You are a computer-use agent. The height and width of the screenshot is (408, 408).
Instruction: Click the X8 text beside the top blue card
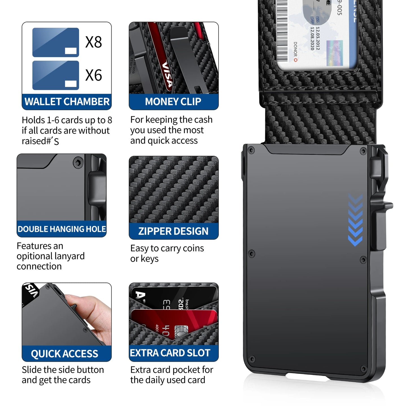[x=93, y=42]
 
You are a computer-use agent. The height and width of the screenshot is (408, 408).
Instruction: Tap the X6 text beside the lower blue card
[x=93, y=75]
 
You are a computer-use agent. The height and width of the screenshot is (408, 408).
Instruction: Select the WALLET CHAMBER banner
[x=67, y=102]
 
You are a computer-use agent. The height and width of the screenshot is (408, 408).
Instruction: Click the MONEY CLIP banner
[x=173, y=102]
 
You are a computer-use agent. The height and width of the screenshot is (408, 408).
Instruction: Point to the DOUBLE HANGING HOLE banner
[x=62, y=229]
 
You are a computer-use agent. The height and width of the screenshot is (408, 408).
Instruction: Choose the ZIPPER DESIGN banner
[x=173, y=231]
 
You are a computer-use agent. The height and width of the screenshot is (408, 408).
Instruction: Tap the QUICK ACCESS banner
[x=65, y=354]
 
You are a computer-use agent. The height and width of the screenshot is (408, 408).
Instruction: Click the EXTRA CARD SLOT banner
[x=170, y=353]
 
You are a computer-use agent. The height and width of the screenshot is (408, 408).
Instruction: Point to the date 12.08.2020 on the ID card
[x=312, y=38]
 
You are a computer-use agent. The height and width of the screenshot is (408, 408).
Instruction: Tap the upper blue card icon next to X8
[x=56, y=42]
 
